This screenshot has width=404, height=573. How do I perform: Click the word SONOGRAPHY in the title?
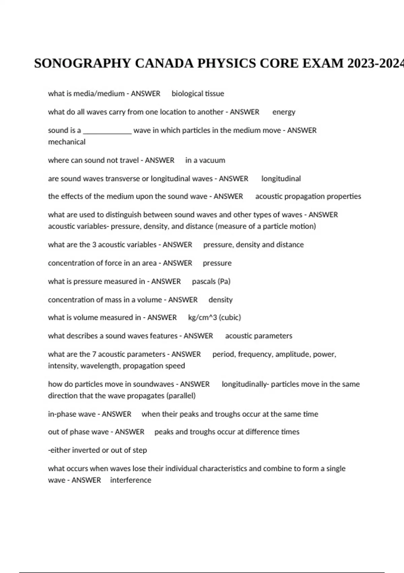click(x=82, y=63)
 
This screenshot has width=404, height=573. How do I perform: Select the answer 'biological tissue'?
click(x=198, y=94)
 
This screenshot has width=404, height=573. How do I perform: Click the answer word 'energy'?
click(x=283, y=112)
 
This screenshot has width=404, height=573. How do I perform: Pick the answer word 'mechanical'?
click(x=67, y=142)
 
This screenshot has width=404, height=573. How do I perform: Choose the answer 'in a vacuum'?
click(x=205, y=160)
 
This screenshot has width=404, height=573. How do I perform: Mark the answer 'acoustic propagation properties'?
click(x=308, y=197)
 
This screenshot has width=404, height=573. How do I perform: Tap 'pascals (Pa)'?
click(x=211, y=281)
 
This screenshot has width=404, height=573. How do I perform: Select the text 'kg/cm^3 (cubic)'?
click(x=214, y=318)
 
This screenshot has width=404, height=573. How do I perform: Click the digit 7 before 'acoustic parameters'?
click(x=94, y=354)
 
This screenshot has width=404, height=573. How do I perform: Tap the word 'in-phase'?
click(x=62, y=414)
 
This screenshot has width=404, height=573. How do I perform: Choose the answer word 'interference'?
click(x=131, y=480)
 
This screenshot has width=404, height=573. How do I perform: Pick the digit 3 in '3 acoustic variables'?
click(x=94, y=245)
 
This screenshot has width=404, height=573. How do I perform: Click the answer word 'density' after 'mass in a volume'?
click(x=221, y=300)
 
